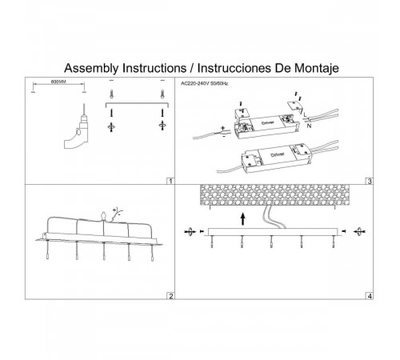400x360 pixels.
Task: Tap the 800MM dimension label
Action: tap(58, 82)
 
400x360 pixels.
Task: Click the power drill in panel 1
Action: tap(78, 127)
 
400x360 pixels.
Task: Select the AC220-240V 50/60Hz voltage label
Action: tap(205, 83)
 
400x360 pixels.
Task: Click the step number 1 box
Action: tap(170, 181)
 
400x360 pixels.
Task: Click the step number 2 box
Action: tap(170, 296)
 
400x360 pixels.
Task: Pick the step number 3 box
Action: tap(370, 181)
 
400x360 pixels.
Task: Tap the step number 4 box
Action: tap(370, 296)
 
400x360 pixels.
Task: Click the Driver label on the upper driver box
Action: tap(268, 122)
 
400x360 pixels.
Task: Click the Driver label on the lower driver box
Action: tap(278, 154)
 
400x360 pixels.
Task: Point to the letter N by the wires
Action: tap(309, 126)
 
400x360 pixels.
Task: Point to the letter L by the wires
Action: tap(305, 114)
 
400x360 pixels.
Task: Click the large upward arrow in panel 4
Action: tap(242, 218)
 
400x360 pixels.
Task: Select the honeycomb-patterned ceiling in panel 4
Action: tap(274, 195)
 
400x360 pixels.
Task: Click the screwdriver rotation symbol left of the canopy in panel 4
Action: tap(190, 232)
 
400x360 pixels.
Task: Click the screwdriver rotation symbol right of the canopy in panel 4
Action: tap(359, 231)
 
